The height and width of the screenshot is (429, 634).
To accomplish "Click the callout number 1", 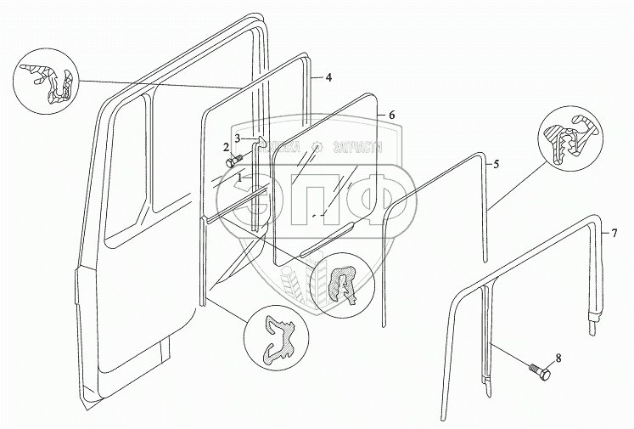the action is pyautogui.click(x=241, y=178).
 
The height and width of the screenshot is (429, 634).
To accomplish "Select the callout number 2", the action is pyautogui.click(x=226, y=147).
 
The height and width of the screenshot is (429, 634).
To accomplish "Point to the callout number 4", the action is pyautogui.click(x=328, y=77).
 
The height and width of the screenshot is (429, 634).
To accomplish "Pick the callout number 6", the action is pyautogui.click(x=392, y=114).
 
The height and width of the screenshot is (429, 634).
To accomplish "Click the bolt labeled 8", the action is pyautogui.click(x=539, y=372).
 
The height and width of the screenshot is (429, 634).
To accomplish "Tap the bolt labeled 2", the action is pyautogui.click(x=232, y=161).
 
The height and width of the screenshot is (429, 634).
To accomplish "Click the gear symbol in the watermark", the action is pyautogui.click(x=316, y=145).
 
